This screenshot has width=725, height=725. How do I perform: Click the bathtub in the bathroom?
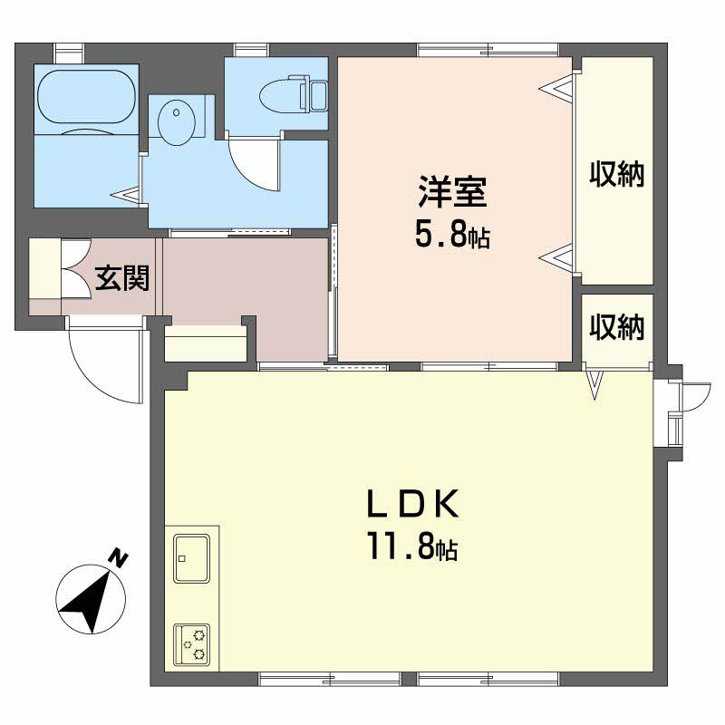pyautogui.click(x=86, y=97)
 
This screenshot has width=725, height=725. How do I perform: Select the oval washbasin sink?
pyautogui.click(x=176, y=122)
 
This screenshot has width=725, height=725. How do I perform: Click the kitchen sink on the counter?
pyautogui.click(x=191, y=558)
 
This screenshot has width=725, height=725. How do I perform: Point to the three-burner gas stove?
pyautogui.click(x=191, y=644)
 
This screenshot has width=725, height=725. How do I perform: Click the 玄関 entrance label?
pyautogui.click(x=122, y=278)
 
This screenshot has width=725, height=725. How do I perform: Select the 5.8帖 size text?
pyautogui.click(x=451, y=235)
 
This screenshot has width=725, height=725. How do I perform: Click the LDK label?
pyautogui.click(x=413, y=504)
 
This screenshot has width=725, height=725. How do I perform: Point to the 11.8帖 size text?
pyautogui.click(x=412, y=546)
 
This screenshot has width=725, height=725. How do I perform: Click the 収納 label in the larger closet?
pyautogui.click(x=617, y=174)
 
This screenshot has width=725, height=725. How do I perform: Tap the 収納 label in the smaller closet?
pyautogui.click(x=617, y=327)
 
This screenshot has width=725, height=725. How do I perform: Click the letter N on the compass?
pyautogui.click(x=119, y=557)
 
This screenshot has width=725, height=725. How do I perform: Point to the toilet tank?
pyautogui.click(x=318, y=96)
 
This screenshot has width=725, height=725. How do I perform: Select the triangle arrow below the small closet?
pyautogui.click(x=594, y=384)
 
